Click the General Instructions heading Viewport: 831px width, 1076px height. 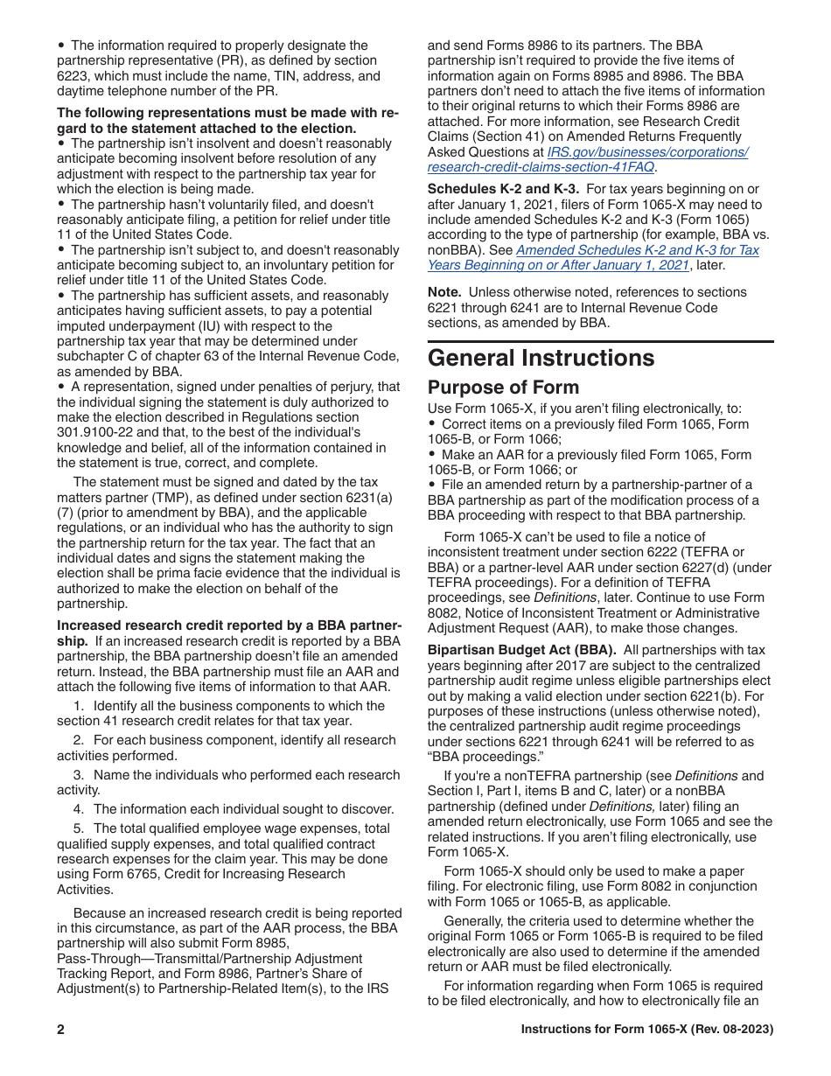pyautogui.click(x=541, y=358)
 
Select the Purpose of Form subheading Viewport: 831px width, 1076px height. pyautogui.click(x=503, y=388)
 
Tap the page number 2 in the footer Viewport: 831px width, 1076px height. pyautogui.click(x=61, y=1030)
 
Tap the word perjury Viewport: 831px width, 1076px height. pyautogui.click(x=342, y=387)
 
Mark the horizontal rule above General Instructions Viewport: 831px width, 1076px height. pyautogui.click(x=600, y=341)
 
